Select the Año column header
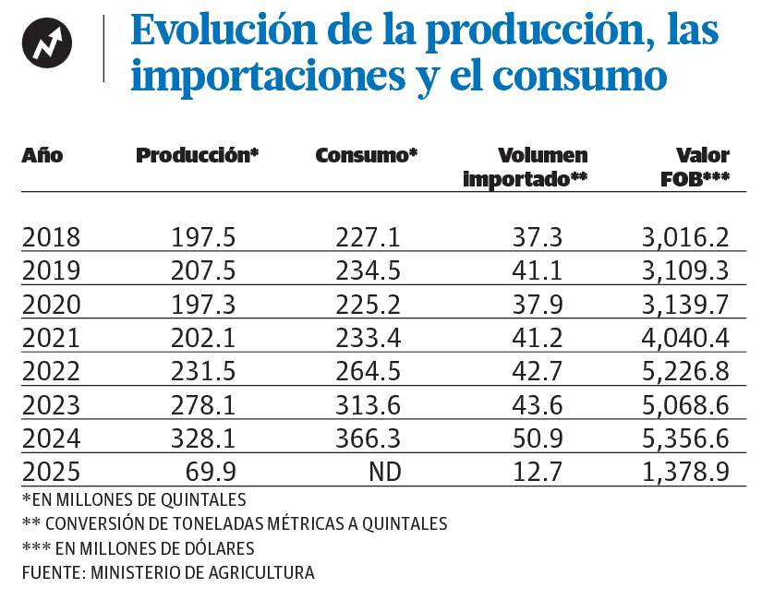click(42, 155)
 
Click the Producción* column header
click(197, 155)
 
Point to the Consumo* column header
click(367, 155)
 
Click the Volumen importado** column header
click(526, 167)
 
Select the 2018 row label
click(51, 237)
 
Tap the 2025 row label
click(51, 473)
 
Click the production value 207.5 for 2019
click(203, 270)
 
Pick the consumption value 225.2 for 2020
click(368, 305)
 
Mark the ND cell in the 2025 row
click(384, 473)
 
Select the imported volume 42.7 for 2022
click(537, 372)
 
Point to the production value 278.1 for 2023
click(203, 405)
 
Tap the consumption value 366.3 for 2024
click(368, 439)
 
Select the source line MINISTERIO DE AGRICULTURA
click(168, 572)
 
